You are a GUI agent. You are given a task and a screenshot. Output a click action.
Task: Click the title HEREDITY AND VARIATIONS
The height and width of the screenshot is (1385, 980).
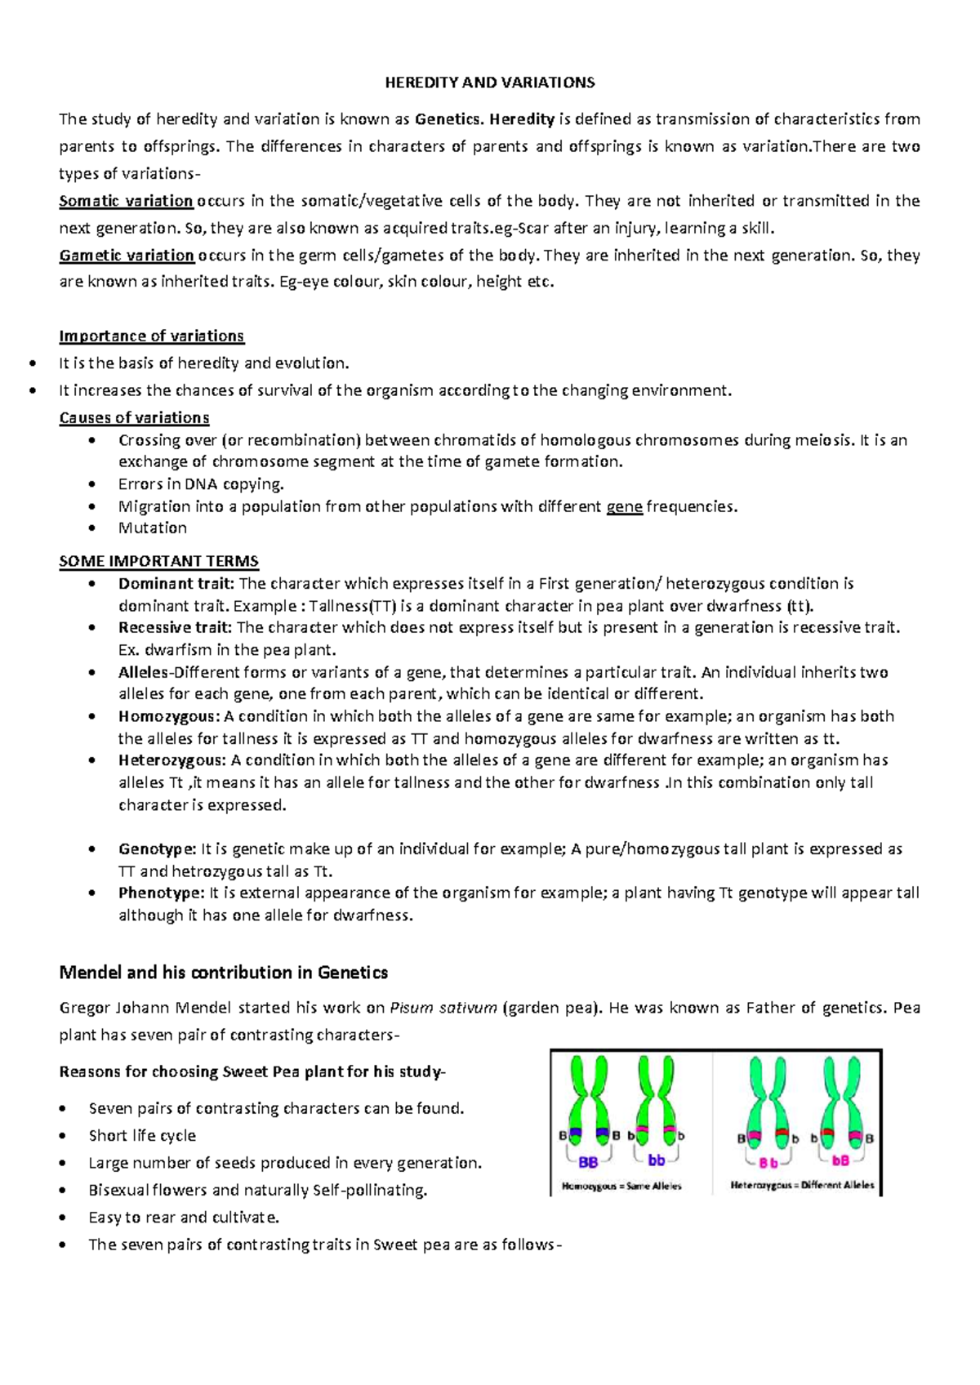click(x=490, y=82)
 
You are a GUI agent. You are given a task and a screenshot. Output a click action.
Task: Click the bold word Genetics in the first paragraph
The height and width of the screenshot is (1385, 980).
click(x=448, y=119)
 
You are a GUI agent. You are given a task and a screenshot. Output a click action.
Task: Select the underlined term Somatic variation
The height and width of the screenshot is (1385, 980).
click(x=126, y=201)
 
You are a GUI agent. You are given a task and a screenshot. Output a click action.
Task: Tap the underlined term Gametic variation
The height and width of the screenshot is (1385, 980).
click(x=127, y=256)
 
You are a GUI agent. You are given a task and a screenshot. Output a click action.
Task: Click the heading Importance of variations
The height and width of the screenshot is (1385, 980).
click(x=151, y=336)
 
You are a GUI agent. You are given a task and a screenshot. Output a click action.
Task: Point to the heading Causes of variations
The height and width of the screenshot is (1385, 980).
click(x=134, y=418)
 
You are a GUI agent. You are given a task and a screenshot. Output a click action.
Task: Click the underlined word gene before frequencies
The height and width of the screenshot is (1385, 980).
click(x=625, y=507)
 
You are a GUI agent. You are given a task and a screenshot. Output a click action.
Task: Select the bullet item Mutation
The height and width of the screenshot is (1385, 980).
click(x=153, y=528)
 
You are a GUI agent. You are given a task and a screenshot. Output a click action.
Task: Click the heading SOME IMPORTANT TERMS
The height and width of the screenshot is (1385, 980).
click(x=158, y=562)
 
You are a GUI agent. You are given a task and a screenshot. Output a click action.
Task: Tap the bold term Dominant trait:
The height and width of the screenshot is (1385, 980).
click(x=176, y=584)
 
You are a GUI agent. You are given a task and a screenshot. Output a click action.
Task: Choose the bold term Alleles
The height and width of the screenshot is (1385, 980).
click(x=142, y=673)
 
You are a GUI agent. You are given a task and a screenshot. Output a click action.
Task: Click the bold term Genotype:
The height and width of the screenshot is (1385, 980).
click(x=157, y=849)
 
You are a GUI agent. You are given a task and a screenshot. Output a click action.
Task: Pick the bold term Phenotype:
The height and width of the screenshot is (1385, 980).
click(x=161, y=893)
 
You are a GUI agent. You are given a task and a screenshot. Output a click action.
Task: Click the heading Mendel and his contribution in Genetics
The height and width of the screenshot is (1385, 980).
click(x=223, y=973)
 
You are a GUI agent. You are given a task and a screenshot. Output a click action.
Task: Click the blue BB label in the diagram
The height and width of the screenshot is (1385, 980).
click(x=588, y=1162)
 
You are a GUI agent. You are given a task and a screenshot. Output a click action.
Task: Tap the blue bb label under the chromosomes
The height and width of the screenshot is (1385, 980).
click(x=656, y=1160)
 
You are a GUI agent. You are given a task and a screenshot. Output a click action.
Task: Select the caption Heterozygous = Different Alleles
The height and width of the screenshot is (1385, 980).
click(x=802, y=1185)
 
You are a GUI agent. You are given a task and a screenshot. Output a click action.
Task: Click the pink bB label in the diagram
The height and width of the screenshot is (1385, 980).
click(x=840, y=1160)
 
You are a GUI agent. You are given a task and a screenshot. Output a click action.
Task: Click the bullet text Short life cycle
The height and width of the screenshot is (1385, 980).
click(x=142, y=1136)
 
